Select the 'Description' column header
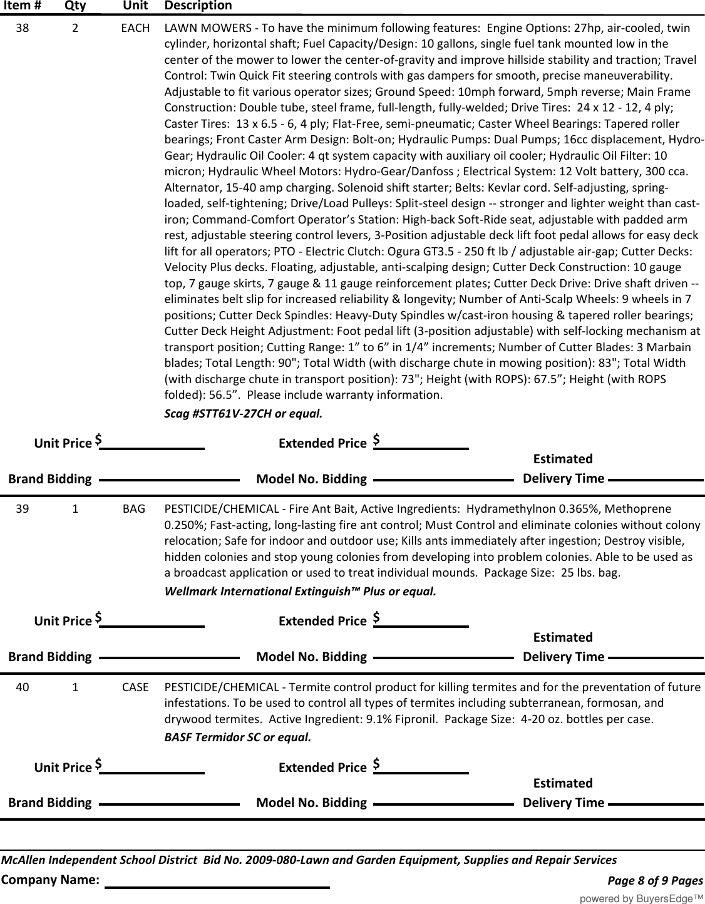[198, 6]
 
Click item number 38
[22, 28]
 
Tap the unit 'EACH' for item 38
[135, 28]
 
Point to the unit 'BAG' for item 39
[134, 509]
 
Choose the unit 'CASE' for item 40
[135, 687]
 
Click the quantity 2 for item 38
[75, 28]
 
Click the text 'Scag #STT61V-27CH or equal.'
[244, 414]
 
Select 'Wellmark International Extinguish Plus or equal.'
[300, 592]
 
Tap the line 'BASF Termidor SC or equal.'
[237, 737]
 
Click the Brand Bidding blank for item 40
[169, 802]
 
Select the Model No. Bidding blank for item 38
[443, 479]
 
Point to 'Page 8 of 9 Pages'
[655, 881]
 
